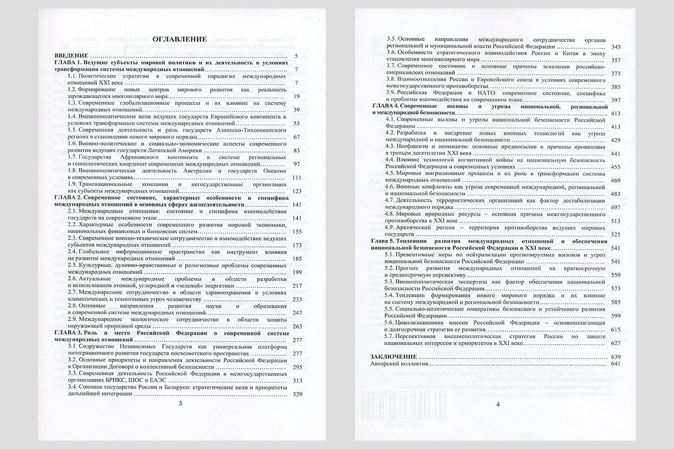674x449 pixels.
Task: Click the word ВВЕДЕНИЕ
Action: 70,57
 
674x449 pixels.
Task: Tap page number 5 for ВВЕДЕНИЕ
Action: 295,57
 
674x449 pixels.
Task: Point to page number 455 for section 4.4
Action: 615,167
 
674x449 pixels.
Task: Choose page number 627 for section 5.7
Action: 615,343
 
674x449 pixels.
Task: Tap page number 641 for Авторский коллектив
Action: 615,364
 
